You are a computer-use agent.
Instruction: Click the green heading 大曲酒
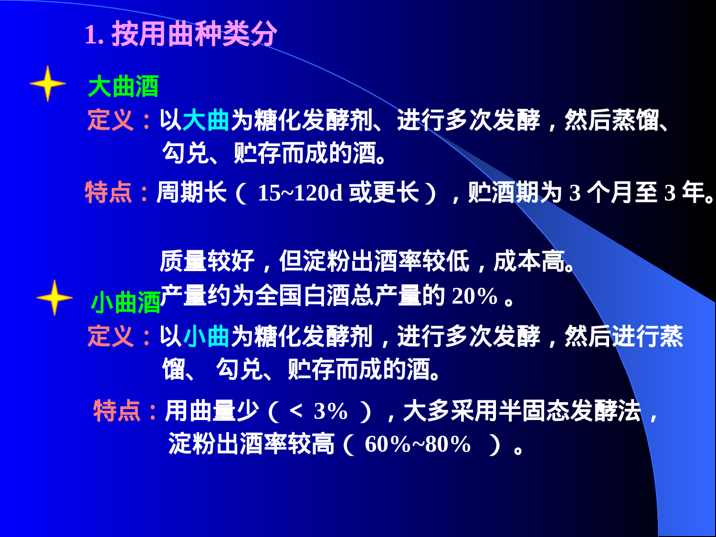click(x=123, y=86)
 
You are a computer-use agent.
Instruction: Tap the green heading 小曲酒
click(x=126, y=303)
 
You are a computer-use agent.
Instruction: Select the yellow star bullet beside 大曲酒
click(x=48, y=84)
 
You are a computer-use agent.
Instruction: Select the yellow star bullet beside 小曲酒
click(x=54, y=298)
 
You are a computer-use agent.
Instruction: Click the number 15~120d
click(x=300, y=193)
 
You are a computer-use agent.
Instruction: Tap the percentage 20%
click(x=474, y=296)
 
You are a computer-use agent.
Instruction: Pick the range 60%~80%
click(x=418, y=444)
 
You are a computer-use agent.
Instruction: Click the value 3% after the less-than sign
click(x=330, y=411)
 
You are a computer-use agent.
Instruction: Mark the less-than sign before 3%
click(x=296, y=411)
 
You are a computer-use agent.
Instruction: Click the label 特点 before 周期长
click(x=108, y=193)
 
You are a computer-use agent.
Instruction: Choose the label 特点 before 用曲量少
click(x=117, y=411)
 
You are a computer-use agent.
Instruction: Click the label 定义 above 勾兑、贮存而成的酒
click(x=111, y=120)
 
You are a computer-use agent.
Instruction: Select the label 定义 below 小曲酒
click(x=111, y=336)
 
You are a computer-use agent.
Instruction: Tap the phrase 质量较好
click(x=207, y=262)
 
